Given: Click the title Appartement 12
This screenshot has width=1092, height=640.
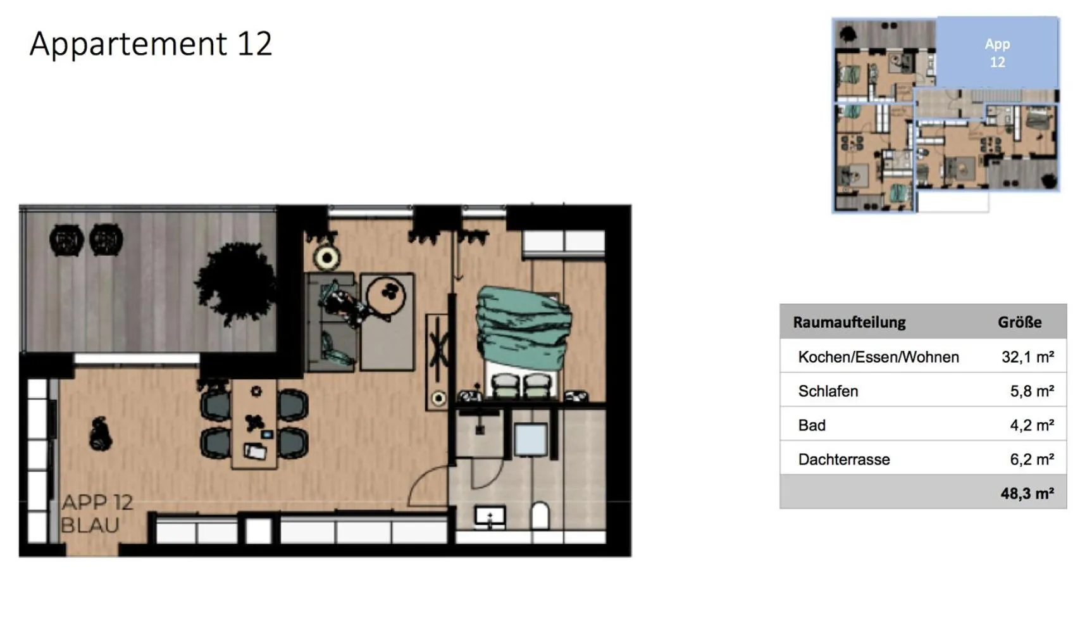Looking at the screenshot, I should tap(151, 44).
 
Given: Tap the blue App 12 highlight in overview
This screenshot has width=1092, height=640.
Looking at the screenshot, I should tap(997, 53).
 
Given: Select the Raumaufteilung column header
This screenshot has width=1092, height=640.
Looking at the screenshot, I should tap(849, 322).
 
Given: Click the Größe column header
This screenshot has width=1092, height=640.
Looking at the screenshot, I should tap(1019, 322).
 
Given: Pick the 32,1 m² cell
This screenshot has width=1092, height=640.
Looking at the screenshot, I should tap(1027, 357).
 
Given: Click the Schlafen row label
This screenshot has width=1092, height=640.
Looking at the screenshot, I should tap(828, 391).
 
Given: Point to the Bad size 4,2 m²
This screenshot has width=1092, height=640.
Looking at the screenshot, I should tap(1031, 425).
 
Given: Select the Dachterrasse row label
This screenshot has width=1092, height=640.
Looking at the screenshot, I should tap(844, 460).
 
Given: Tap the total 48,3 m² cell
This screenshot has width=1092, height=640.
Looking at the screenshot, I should tap(1027, 494).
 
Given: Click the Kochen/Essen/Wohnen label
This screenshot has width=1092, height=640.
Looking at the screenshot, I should tap(878, 357).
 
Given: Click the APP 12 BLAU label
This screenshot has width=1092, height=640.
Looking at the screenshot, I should tap(97, 513).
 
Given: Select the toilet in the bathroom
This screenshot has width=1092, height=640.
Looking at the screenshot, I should tap(540, 515).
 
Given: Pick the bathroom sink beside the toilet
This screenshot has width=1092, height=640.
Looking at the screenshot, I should tap(490, 517).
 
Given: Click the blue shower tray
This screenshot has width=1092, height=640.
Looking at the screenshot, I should tap(530, 439).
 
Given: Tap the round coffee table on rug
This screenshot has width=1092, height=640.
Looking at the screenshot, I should tap(385, 296).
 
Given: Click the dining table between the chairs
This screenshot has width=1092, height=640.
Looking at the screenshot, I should tap(254, 424).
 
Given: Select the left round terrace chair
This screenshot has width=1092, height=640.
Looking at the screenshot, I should tap(66, 241).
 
